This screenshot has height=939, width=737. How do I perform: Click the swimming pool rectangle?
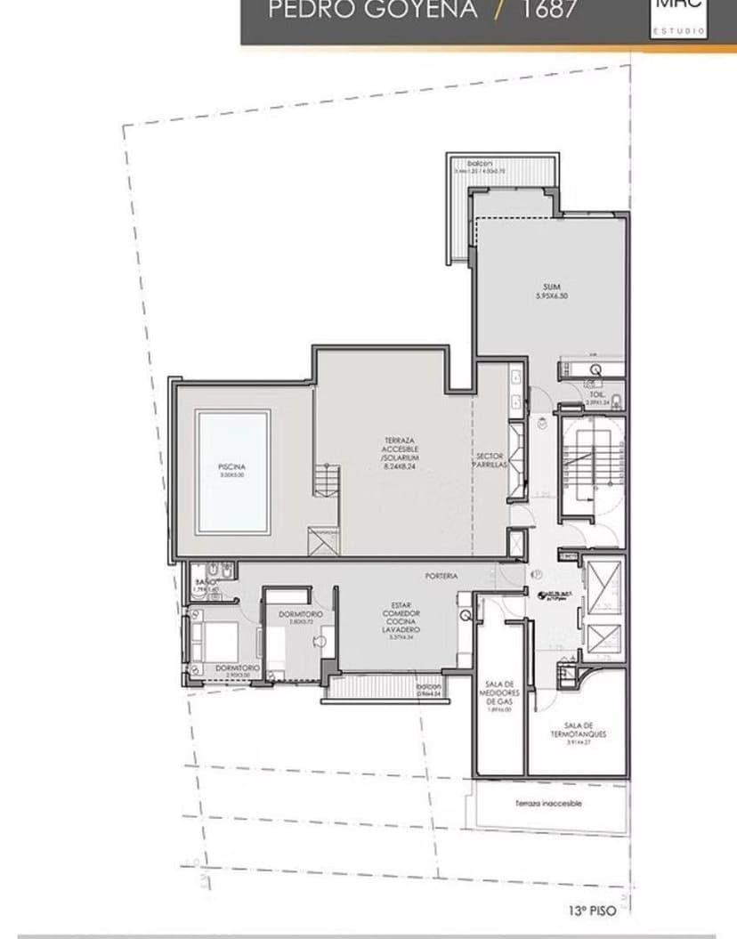(233, 472)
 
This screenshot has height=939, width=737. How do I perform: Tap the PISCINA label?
(231, 467)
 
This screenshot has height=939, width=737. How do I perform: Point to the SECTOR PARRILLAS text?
(490, 460)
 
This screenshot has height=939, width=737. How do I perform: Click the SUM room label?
(551, 286)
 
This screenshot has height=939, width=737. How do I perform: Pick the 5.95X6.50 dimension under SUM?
(551, 295)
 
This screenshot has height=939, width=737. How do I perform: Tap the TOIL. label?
(596, 393)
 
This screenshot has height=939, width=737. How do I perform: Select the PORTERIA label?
(441, 576)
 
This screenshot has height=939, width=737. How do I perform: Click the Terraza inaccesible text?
(548, 803)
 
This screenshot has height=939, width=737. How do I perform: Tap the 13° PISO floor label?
(591, 910)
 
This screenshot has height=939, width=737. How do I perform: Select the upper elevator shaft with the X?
(603, 587)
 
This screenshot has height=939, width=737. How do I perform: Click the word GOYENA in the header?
(422, 11)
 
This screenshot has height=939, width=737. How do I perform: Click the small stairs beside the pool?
(327, 481)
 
